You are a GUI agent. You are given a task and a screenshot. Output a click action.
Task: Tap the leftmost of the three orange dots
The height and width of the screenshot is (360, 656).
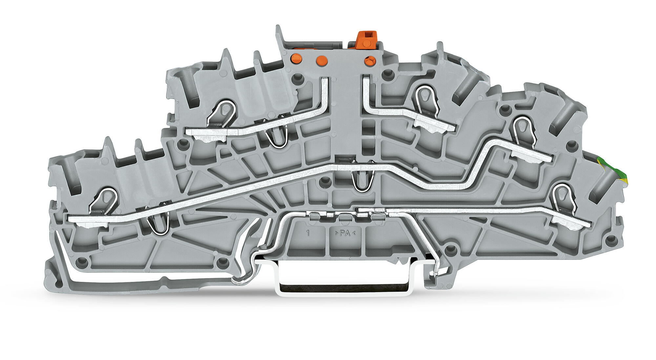pyautogui.click(x=297, y=58)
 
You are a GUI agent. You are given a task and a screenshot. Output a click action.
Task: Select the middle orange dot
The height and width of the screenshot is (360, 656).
pyautogui.click(x=321, y=60)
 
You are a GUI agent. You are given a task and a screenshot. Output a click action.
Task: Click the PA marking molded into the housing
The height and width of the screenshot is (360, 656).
pyautogui.click(x=345, y=233)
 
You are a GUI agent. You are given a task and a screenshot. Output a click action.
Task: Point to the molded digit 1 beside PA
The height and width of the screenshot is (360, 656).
pyautogui.click(x=308, y=233)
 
